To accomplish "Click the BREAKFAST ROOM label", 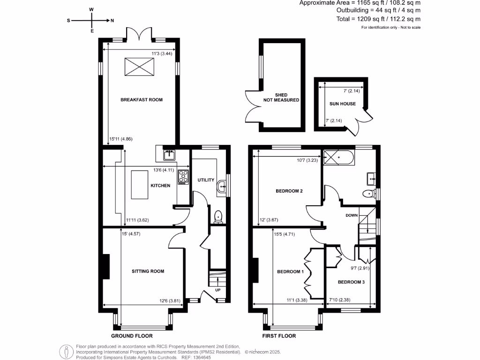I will pyautogui.click(x=142, y=100).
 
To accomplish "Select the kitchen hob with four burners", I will pyautogui.click(x=183, y=177).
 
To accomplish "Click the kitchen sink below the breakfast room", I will pyautogui.click(x=169, y=154).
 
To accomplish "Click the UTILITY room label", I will pyautogui.click(x=206, y=180).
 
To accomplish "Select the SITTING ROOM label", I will pyautogui.click(x=148, y=271).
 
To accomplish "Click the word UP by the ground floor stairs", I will pyautogui.click(x=217, y=290).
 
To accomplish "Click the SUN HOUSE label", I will pyautogui.click(x=342, y=104).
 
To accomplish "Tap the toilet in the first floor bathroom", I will pyautogui.click(x=369, y=194).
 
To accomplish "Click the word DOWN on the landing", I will pyautogui.click(x=352, y=216).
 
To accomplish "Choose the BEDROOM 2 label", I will pyautogui.click(x=289, y=191).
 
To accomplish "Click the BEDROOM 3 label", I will pyautogui.click(x=351, y=282).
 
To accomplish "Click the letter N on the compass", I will pyautogui.click(x=112, y=21).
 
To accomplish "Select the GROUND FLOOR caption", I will pyautogui.click(x=132, y=336).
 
